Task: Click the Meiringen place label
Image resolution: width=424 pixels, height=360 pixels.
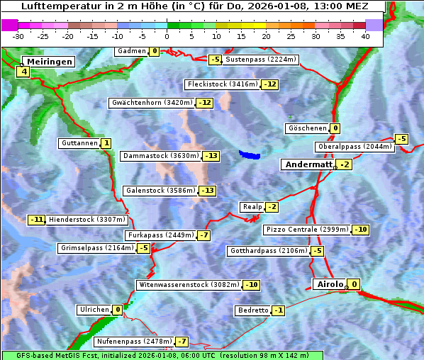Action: [48, 62]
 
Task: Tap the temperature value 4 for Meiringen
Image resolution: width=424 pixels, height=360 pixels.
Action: [24, 72]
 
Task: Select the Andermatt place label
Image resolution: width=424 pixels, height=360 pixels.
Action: [308, 164]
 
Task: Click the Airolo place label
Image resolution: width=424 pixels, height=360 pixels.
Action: [330, 284]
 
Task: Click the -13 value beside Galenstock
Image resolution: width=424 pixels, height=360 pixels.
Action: [207, 191]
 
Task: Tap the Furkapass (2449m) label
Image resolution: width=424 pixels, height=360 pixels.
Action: [160, 235]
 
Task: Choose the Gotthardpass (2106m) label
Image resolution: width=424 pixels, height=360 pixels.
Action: [269, 251]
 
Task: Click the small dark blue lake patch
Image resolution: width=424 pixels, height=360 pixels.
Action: [250, 154]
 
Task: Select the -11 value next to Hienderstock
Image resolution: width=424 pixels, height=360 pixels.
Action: [36, 220]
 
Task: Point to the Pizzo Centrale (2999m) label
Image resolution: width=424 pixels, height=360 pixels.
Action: [307, 230]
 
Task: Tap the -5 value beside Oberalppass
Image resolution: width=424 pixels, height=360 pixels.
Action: [401, 139]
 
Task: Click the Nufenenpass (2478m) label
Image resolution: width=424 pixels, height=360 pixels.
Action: [134, 342]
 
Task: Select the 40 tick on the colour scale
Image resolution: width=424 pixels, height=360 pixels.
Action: [365, 35]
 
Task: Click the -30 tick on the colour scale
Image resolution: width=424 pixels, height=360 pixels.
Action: [18, 35]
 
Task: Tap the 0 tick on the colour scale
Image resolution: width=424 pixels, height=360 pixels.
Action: [167, 35]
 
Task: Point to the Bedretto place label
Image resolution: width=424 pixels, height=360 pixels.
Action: [253, 310]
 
